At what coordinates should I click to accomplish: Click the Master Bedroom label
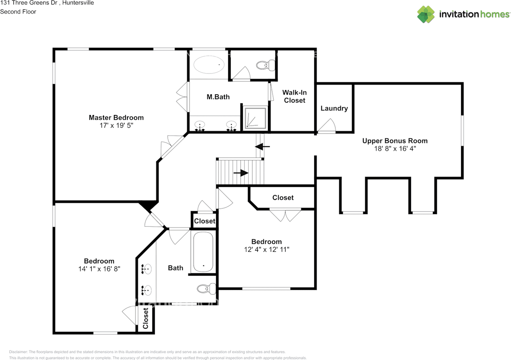116,117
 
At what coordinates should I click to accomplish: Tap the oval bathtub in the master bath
209,64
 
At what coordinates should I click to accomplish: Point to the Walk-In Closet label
295,96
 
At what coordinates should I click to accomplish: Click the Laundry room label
334,108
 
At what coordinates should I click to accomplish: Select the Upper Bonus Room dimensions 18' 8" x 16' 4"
395,148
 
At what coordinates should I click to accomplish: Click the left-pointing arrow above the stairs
262,146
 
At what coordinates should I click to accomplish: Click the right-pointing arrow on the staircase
241,173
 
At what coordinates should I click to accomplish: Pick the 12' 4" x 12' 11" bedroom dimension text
267,249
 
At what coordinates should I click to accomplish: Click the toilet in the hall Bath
206,288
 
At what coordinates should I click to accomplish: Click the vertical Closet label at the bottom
146,318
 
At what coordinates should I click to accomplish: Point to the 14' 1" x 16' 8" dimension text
99,269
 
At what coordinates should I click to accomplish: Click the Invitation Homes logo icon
426,14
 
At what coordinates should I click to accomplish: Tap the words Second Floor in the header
18,12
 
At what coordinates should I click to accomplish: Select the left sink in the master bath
200,126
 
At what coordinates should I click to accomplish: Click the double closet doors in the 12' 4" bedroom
285,215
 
